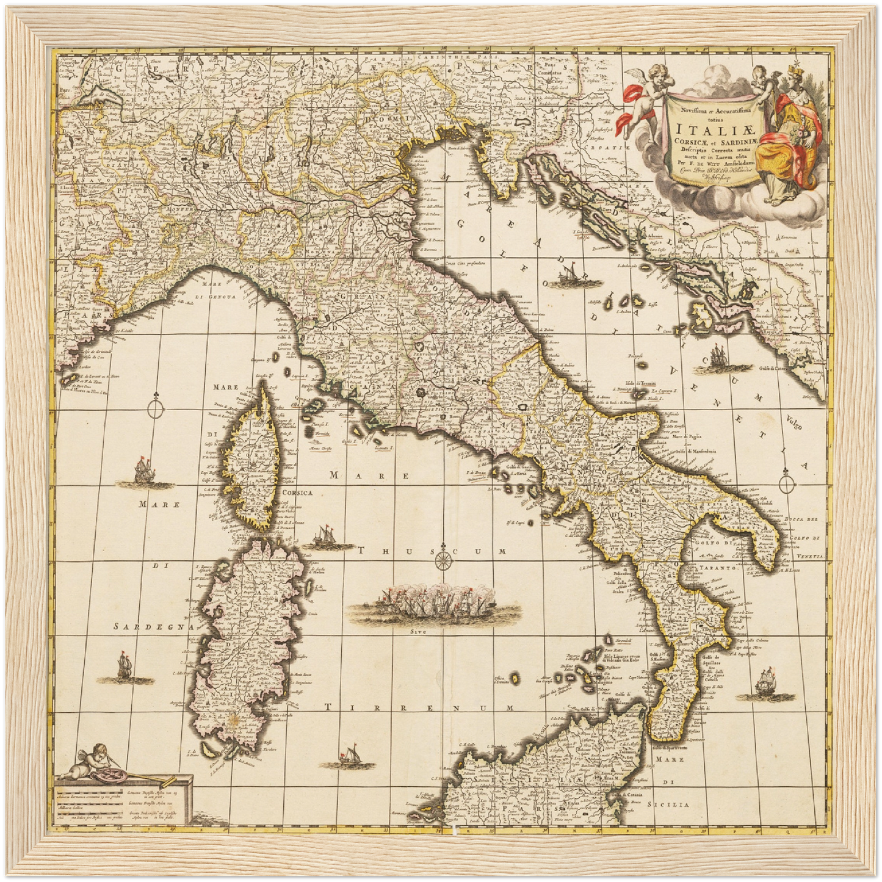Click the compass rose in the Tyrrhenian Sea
(444, 557)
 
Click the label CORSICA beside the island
(297, 493)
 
